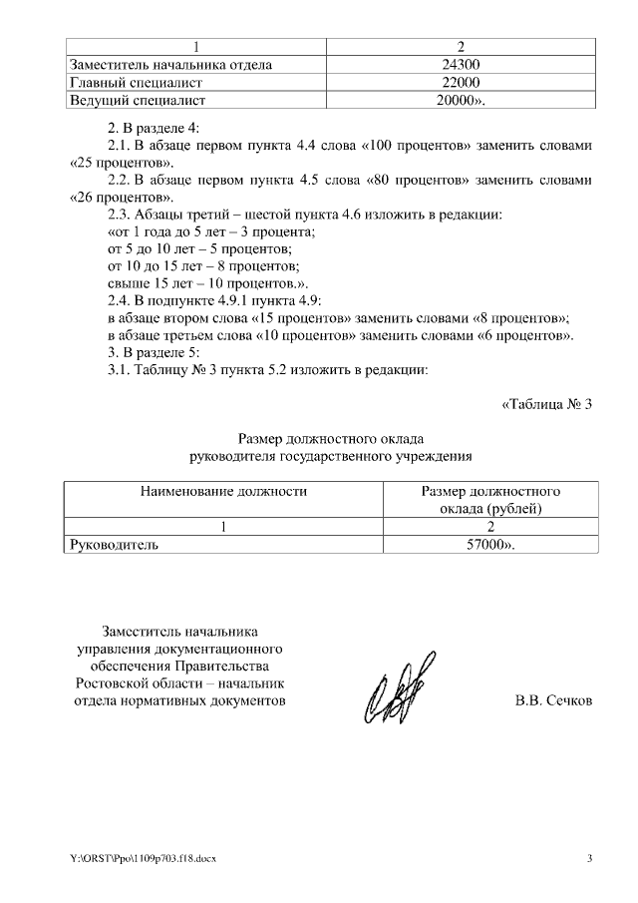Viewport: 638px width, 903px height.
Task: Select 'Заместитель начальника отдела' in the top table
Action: (169, 65)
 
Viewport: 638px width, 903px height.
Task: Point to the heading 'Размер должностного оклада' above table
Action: (331, 439)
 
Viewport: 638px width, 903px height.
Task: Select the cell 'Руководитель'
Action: (112, 545)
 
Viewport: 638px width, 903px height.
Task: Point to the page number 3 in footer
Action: (589, 859)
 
